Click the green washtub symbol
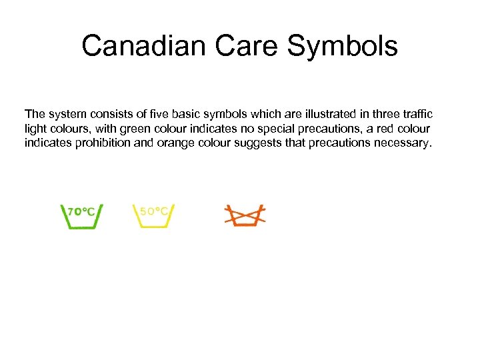83,216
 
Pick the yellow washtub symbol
153,216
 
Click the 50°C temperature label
153,211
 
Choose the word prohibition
97,143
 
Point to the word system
62,115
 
